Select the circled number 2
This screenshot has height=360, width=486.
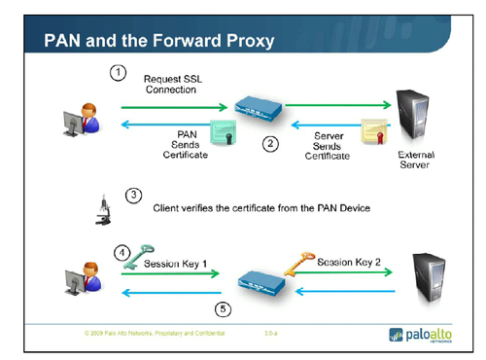pyautogui.click(x=271, y=144)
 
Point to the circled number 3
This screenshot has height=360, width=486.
pyautogui.click(x=135, y=195)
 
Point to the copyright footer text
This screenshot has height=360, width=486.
pyautogui.click(x=156, y=333)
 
